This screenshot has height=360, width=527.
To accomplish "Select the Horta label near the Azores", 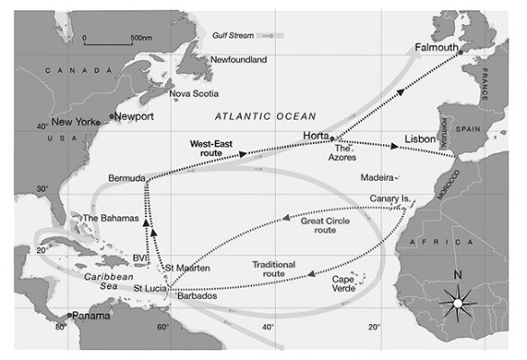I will point(317,135).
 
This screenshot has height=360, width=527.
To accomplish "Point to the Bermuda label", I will point(125,179).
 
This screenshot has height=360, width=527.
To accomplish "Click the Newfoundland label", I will point(238,59).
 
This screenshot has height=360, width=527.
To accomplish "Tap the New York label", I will point(75,121).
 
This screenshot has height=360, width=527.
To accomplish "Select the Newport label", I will point(133,116).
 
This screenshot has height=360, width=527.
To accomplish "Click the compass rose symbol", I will point(457,303).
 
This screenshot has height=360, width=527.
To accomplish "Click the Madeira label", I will point(377,177).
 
